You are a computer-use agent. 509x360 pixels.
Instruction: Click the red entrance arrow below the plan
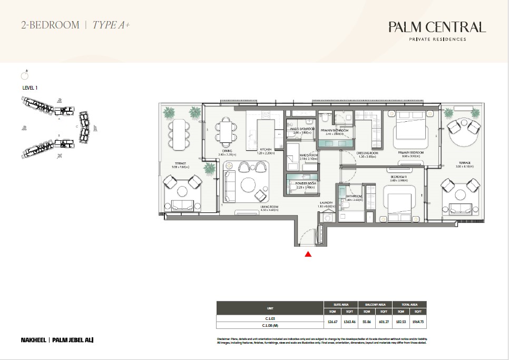[x=308, y=254]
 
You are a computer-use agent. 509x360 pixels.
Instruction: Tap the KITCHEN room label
[x=265, y=150]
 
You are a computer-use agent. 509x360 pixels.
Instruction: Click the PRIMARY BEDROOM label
[x=412, y=152]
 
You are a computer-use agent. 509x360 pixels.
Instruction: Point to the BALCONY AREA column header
[x=375, y=304]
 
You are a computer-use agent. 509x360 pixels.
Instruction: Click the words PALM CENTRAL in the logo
[x=436, y=27]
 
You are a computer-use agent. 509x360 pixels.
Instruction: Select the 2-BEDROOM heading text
[x=50, y=25]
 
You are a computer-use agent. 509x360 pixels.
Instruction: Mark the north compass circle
[x=24, y=75]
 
